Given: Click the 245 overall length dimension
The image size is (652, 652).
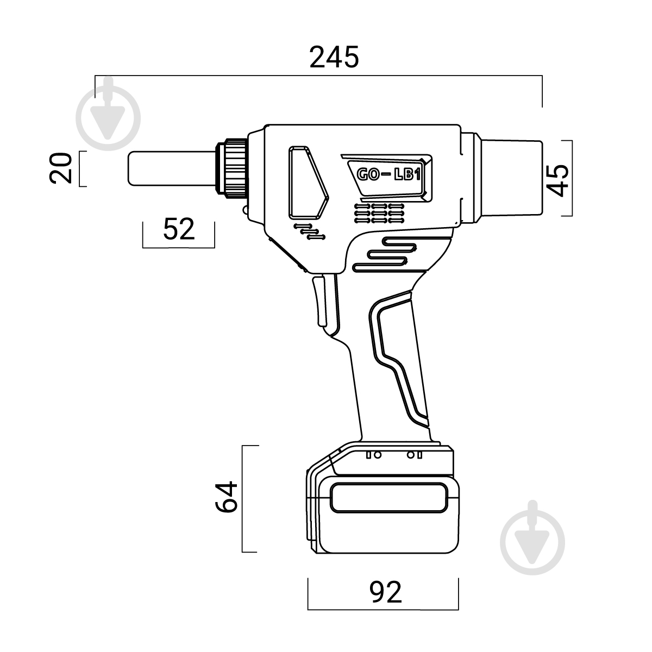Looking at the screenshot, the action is pyautogui.click(x=334, y=57).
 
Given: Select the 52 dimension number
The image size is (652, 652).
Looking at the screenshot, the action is pyautogui.click(x=179, y=229).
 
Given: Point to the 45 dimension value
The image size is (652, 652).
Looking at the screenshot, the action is pyautogui.click(x=557, y=180).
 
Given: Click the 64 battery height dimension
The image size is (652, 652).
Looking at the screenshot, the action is pyautogui.click(x=227, y=497).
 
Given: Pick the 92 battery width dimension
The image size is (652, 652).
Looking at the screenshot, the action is pyautogui.click(x=385, y=592).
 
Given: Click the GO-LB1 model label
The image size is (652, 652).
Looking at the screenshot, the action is pyautogui.click(x=389, y=174).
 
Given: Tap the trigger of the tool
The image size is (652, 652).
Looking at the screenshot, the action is pyautogui.click(x=320, y=301).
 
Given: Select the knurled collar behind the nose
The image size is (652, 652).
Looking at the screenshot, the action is pyautogui.click(x=231, y=168).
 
